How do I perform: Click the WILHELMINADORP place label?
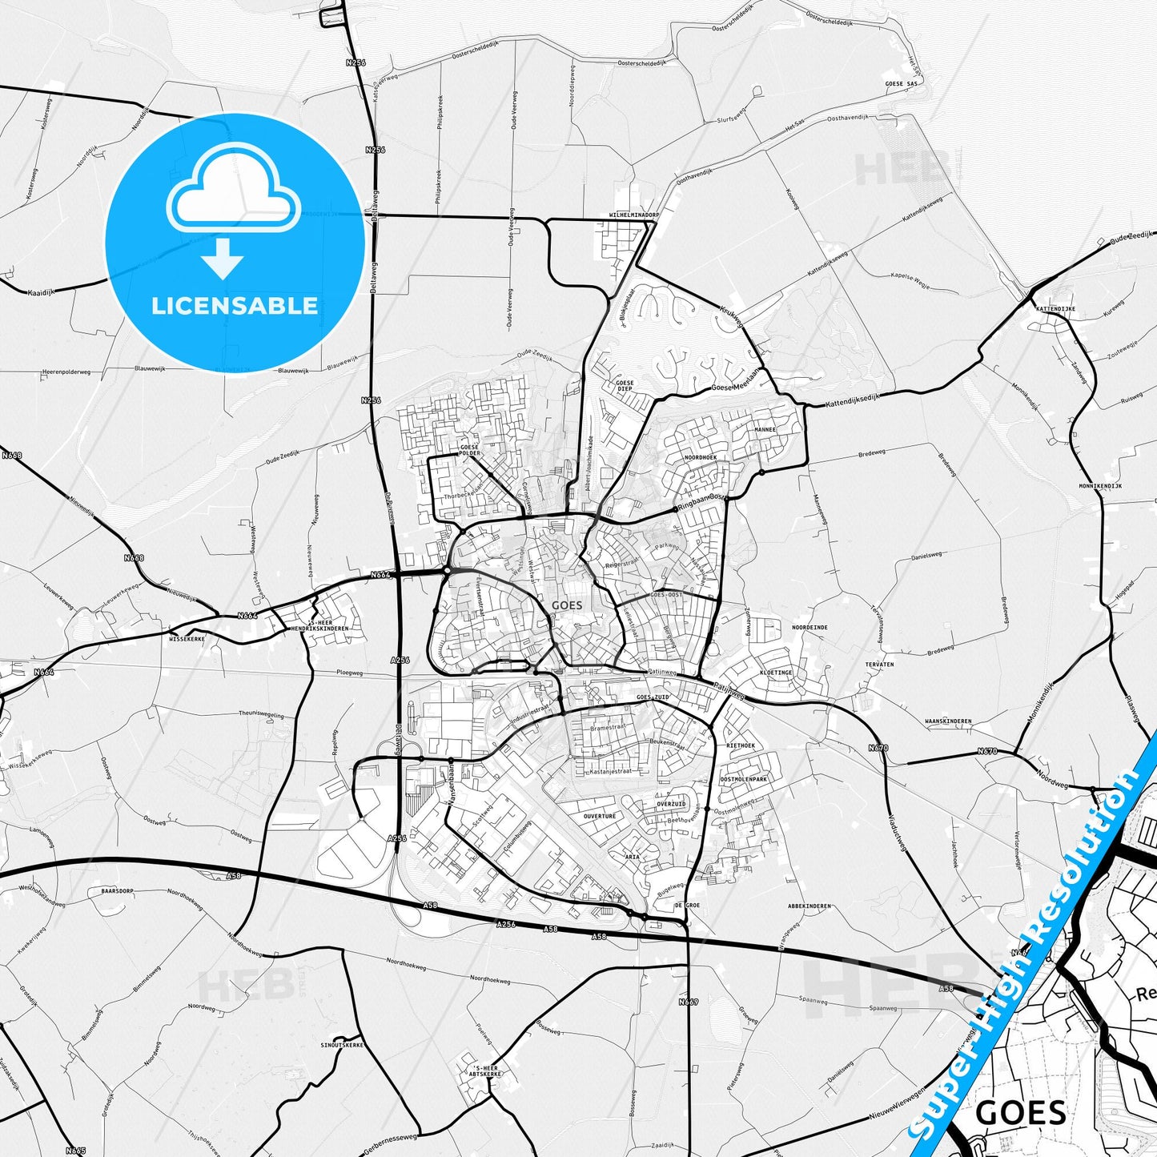tap(633, 215)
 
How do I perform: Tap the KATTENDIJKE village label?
tap(1055, 308)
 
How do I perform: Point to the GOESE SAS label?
tap(901, 83)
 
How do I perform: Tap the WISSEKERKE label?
tap(187, 639)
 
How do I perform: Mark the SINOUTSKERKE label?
tap(342, 1045)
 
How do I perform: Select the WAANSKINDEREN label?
tap(948, 721)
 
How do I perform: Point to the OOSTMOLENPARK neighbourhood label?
tap(743, 779)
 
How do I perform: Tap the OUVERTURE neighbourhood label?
tap(599, 816)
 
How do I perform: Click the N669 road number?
tap(688, 1002)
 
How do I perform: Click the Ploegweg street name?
tap(350, 673)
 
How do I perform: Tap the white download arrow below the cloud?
tap(222, 258)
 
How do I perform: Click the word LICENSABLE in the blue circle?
tap(235, 306)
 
